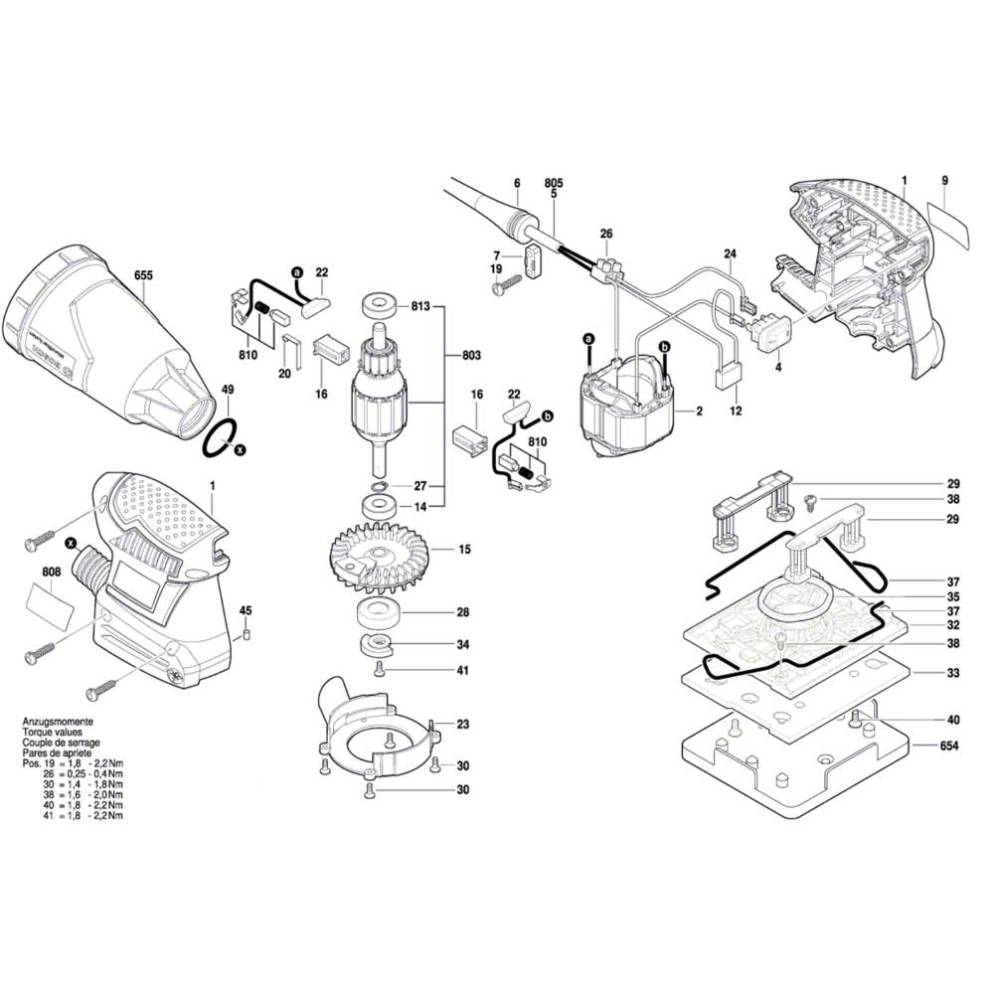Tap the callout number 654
(x=951, y=745)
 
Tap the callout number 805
(x=554, y=184)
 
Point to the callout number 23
(x=463, y=725)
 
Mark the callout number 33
(x=952, y=673)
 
